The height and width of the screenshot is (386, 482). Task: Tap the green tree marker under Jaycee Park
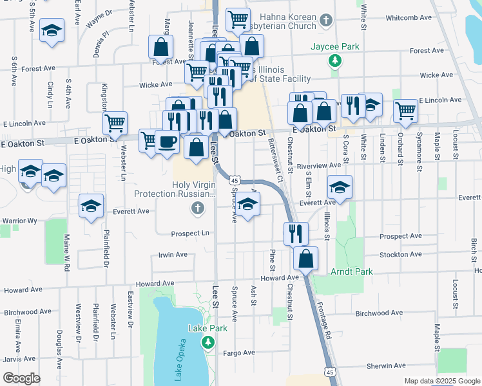(x=334, y=61)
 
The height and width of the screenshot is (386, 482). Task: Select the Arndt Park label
(x=352, y=271)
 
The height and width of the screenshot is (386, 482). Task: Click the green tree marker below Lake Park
(x=208, y=342)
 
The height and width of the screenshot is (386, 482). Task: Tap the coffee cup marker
(x=168, y=141)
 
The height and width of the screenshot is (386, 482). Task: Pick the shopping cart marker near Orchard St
(x=405, y=110)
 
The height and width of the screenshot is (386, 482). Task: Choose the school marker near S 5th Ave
(x=52, y=30)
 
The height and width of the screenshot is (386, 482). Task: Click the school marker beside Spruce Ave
(x=247, y=205)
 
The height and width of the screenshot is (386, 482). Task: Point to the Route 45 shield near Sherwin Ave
(x=330, y=372)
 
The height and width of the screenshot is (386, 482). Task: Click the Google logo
(x=21, y=378)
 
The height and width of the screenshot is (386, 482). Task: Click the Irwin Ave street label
(x=173, y=255)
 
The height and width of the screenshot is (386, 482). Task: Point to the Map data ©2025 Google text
(x=441, y=381)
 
